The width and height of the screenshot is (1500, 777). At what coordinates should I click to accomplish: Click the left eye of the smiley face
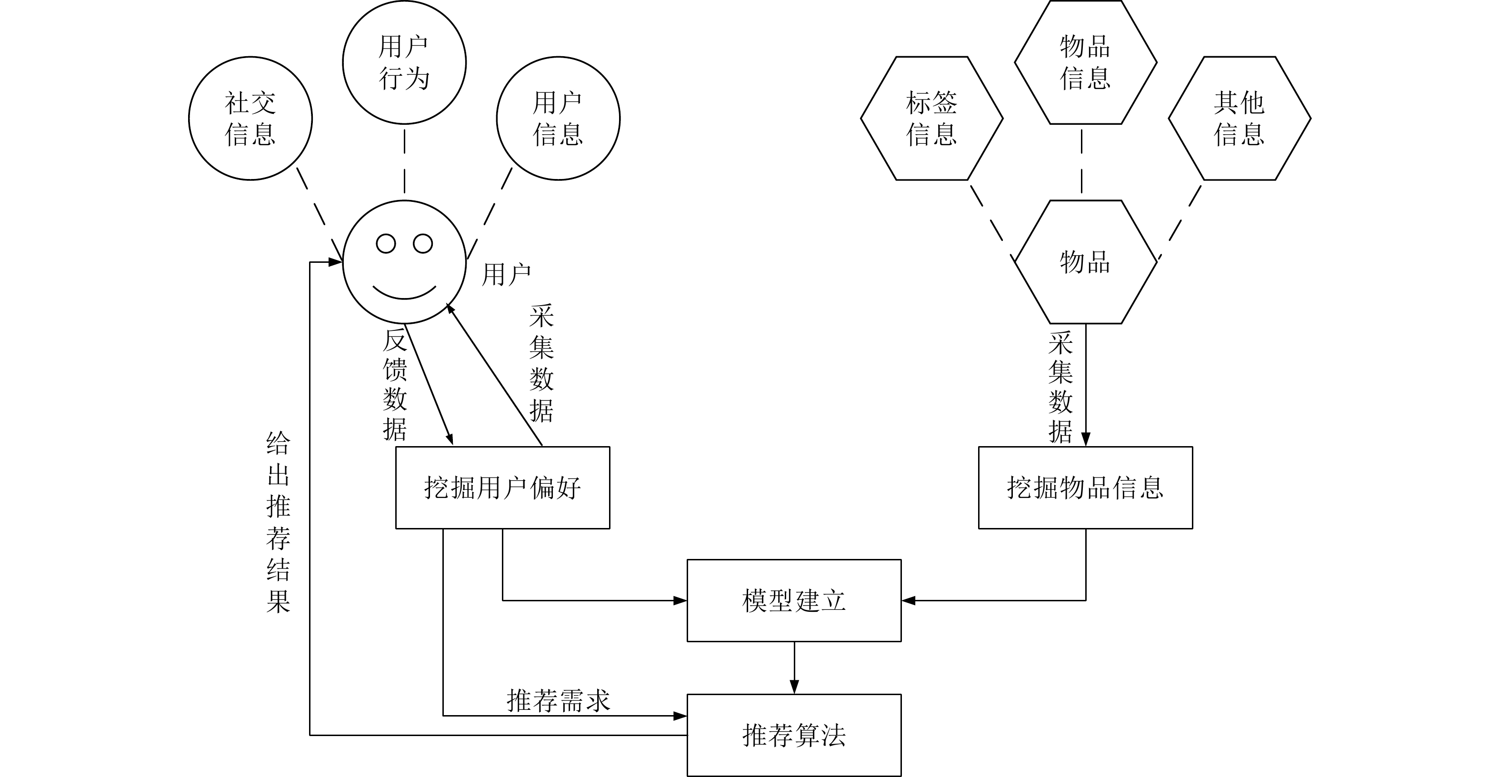tap(386, 244)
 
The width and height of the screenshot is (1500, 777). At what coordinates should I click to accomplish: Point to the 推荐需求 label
tap(558, 701)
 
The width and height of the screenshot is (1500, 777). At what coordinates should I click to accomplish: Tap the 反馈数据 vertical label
tap(394, 385)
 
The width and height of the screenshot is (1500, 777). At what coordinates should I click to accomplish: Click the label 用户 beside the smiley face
tap(506, 274)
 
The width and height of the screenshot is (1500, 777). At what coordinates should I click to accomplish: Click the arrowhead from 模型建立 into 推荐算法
tap(794, 687)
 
